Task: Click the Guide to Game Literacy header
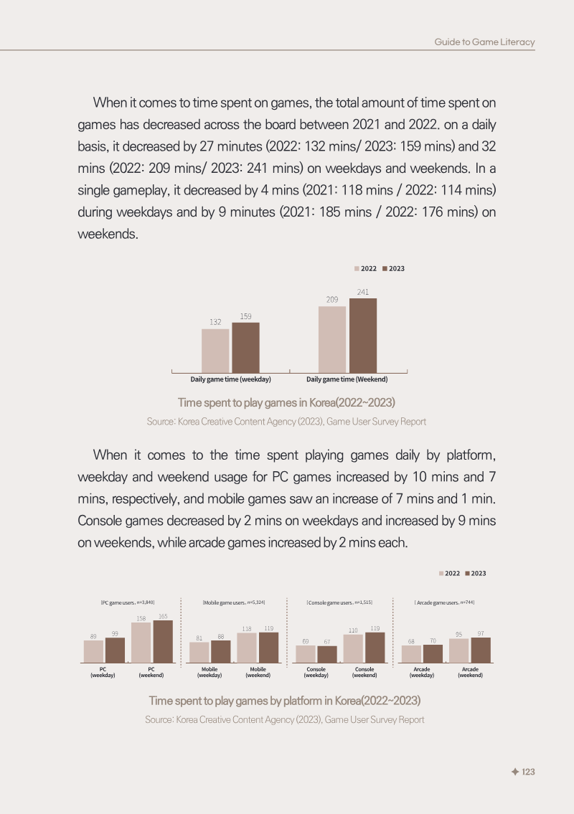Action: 484,42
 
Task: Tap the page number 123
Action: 528,772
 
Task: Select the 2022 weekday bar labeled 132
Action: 215,351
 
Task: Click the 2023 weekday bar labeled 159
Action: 245,347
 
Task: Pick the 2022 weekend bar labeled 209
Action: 332,339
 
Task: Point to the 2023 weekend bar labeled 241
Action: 363,336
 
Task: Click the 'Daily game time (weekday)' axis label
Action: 230,379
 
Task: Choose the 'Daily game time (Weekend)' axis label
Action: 347,379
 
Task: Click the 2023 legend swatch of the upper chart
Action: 385,268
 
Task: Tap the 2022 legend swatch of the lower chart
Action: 441,574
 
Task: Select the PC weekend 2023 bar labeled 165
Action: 163,642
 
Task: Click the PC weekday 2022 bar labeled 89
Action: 93,651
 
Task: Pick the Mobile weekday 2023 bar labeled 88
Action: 221,651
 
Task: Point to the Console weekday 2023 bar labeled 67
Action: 327,654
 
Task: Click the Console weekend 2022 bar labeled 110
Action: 353,648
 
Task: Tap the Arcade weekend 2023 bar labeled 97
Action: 481,650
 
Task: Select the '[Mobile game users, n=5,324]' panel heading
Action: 234,602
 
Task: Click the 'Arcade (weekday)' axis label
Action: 422,672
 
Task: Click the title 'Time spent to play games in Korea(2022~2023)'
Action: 287,403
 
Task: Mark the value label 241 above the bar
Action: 363,293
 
